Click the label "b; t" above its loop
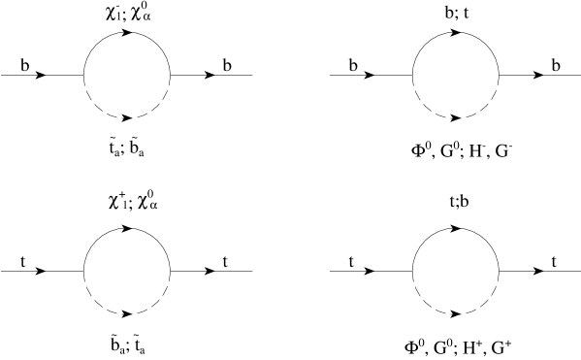click(x=454, y=14)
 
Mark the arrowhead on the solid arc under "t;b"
click(x=458, y=226)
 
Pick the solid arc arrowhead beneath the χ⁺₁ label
click(x=130, y=226)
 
